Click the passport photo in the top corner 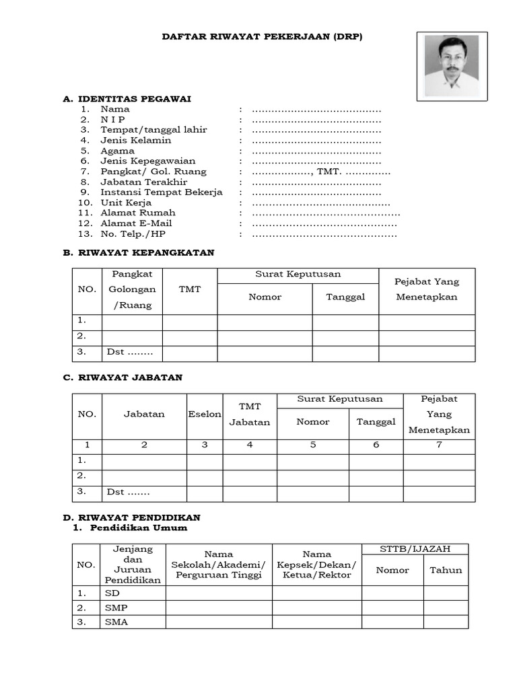(451, 66)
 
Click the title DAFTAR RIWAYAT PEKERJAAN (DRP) (262, 37)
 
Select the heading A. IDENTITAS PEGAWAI (127, 99)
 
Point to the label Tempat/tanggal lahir (153, 130)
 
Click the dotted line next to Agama (316, 151)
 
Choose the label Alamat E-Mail (136, 223)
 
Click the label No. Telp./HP (133, 234)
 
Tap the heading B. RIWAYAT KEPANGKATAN (139, 253)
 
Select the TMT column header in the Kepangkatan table (190, 289)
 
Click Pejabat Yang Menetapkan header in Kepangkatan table (427, 289)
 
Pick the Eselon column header (205, 414)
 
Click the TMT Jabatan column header (250, 414)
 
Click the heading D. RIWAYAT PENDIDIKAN (131, 517)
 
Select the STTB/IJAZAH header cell (415, 549)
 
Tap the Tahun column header (446, 570)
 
